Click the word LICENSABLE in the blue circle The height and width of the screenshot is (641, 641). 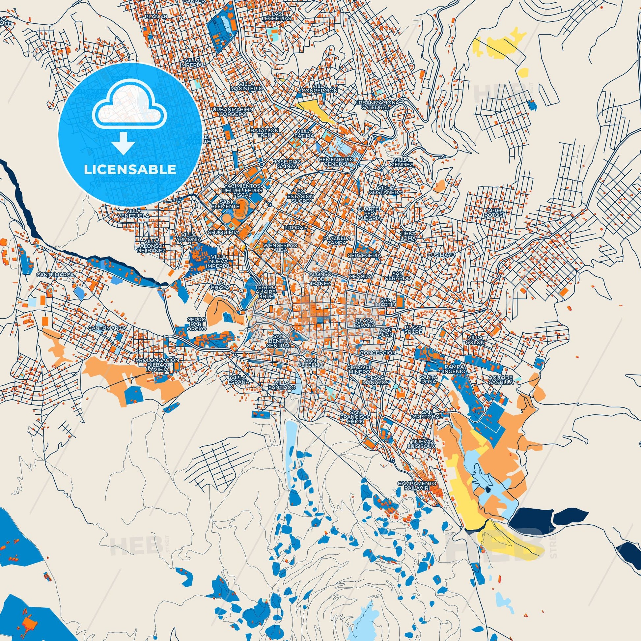(130, 170)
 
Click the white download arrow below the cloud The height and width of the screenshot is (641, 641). (123, 143)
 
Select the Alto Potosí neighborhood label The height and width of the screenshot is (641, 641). (495, 213)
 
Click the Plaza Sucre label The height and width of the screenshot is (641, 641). (413, 329)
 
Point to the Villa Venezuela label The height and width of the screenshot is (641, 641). (133, 213)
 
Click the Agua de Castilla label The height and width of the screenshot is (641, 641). (501, 380)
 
